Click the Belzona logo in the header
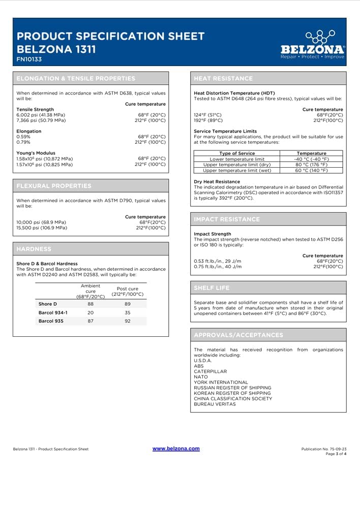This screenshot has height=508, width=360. [x=312, y=45]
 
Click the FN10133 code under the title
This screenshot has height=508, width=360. [x=29, y=59]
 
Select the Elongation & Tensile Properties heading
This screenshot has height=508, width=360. [x=76, y=78]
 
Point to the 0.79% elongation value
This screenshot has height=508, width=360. [x=23, y=142]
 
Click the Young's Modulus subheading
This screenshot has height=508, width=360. [x=36, y=153]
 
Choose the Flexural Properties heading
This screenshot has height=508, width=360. [x=54, y=185]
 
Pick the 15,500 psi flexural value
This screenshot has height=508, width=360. [x=42, y=228]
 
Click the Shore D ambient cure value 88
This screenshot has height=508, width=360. [x=91, y=304]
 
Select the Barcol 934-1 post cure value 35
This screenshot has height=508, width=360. [x=128, y=312]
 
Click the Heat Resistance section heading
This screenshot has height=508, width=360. [x=223, y=78]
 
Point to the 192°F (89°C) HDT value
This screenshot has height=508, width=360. [x=208, y=120]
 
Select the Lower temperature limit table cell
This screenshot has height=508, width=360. [x=237, y=159]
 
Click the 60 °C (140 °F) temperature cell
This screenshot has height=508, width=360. [x=311, y=170]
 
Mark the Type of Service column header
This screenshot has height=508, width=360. [x=237, y=153]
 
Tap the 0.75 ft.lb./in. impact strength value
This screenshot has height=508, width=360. [x=218, y=266]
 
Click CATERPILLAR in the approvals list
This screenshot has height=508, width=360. [x=210, y=371]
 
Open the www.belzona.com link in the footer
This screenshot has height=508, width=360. [x=176, y=449]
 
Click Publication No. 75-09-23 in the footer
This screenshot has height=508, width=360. [x=324, y=450]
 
